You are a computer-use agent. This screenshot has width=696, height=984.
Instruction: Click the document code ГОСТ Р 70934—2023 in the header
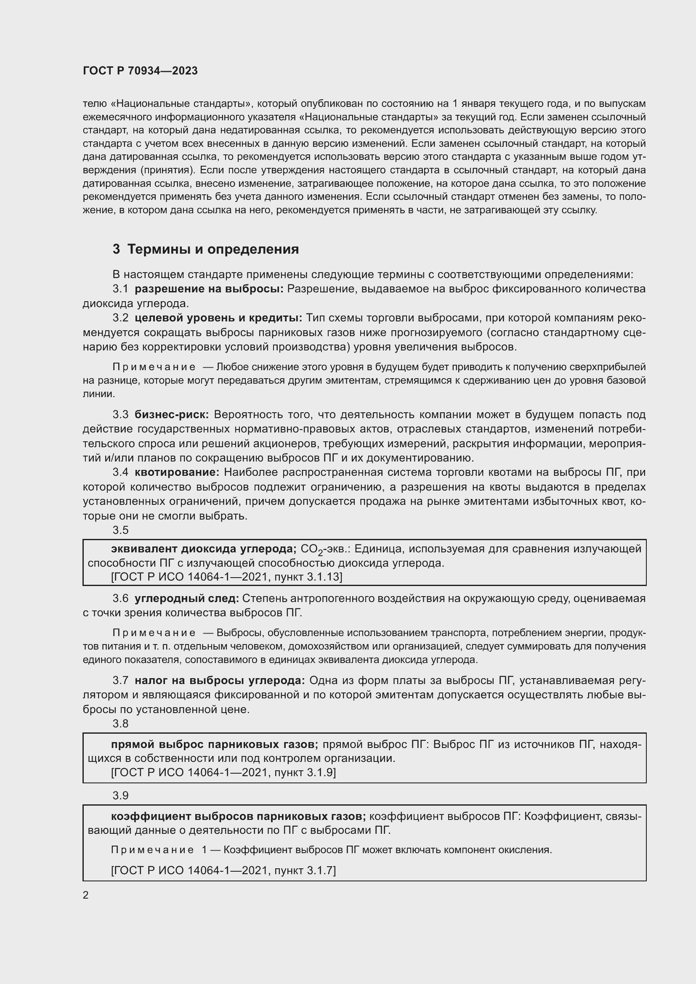coord(140,71)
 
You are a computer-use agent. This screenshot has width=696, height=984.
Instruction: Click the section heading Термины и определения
coord(213,249)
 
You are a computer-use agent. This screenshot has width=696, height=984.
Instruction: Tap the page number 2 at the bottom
coord(86,895)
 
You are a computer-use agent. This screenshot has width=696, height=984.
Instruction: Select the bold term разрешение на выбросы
coord(209,289)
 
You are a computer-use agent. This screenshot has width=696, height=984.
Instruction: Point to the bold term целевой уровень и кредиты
coord(218,318)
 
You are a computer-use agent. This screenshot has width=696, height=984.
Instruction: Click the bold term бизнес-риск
coord(171,414)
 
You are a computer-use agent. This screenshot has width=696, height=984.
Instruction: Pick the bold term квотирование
coord(177,472)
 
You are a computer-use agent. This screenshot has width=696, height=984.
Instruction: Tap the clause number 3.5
coord(120,530)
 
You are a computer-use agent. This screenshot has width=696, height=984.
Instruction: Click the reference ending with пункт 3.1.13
coord(226,577)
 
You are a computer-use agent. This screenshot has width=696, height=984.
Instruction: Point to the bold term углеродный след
coord(187,598)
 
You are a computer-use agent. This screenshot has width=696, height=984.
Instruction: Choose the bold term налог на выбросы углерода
coord(219,681)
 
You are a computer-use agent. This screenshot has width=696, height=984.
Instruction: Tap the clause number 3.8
coord(120,724)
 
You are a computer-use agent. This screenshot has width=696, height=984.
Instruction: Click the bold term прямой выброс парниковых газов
coord(214,745)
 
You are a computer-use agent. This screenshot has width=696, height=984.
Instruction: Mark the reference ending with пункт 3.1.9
coord(223,772)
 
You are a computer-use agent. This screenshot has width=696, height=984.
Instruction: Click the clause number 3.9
coord(120,796)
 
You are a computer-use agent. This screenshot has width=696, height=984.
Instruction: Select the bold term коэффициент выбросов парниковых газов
coord(238,817)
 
